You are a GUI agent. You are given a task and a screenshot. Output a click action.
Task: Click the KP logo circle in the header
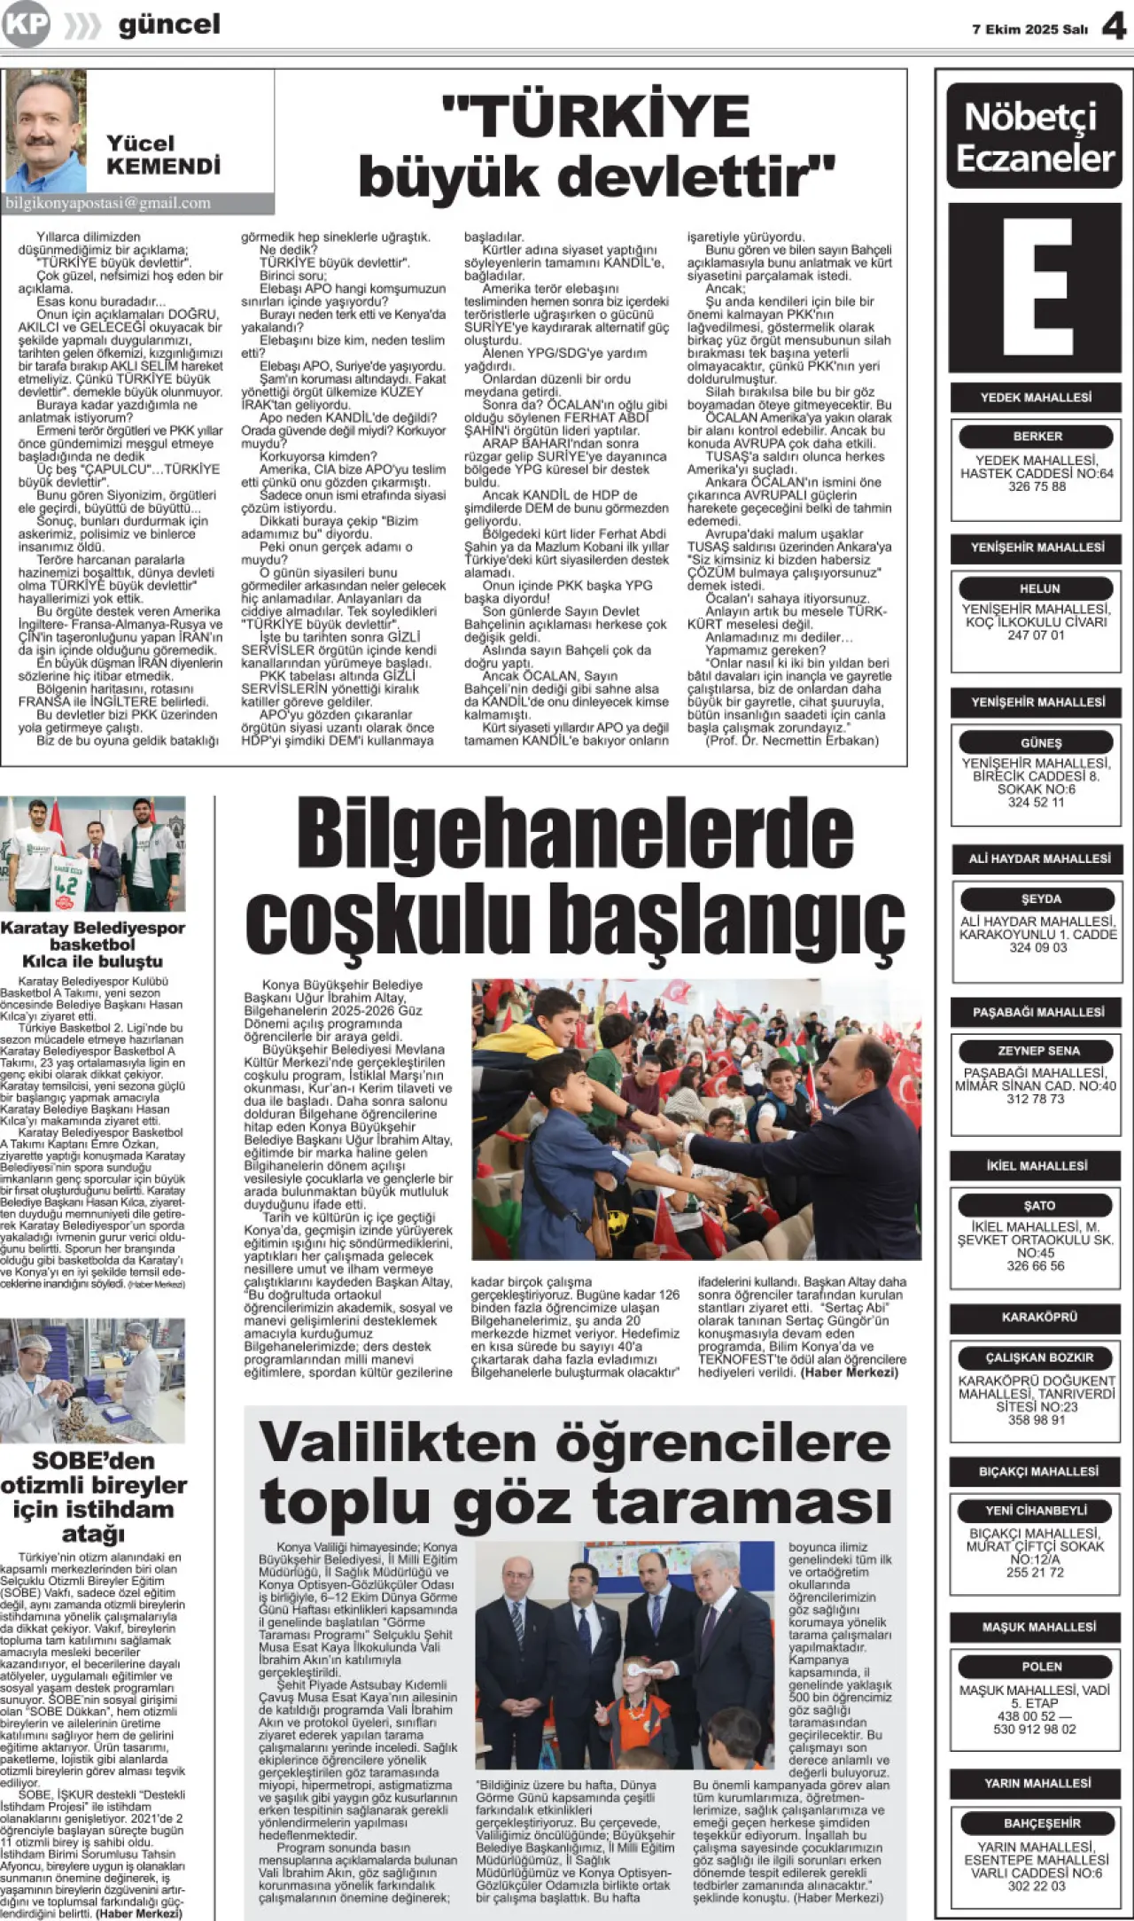(26, 24)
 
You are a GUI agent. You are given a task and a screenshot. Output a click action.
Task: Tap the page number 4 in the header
(1114, 27)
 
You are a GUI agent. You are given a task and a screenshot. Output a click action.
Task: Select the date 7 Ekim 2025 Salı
(1029, 29)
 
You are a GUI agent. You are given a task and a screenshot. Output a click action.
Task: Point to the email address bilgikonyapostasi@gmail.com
(108, 203)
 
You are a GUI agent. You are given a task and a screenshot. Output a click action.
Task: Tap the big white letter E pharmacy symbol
(1035, 287)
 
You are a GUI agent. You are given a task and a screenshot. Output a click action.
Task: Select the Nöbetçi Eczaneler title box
(1035, 136)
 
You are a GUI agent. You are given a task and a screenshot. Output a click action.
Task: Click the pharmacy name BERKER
(1037, 436)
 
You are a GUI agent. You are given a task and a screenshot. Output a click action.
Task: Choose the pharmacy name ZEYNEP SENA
(1038, 1051)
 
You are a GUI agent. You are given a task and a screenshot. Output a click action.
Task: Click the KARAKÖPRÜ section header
(1038, 1317)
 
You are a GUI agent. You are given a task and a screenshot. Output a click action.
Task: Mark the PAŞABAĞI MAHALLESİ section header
(1038, 1012)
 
